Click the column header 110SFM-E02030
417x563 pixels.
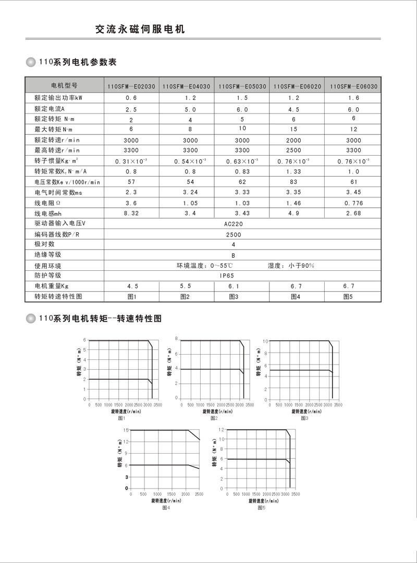(131, 86)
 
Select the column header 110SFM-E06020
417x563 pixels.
(296, 86)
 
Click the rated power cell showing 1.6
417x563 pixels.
(353, 98)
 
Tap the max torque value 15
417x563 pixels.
(295, 129)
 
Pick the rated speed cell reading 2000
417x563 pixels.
(295, 140)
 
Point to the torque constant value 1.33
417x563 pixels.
(295, 171)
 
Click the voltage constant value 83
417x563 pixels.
(295, 182)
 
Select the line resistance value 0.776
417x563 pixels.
(353, 203)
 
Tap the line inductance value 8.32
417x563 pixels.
(131, 213)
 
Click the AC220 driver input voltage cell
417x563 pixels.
(233, 223)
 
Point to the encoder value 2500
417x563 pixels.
(233, 234)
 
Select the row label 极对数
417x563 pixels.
(44, 244)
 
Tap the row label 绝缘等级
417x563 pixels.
(48, 254)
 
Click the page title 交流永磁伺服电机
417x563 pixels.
(140, 30)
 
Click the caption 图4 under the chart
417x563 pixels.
(166, 508)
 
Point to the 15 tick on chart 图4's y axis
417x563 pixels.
(126, 430)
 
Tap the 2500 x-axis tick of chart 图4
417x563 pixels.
(199, 494)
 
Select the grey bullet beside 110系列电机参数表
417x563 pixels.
(31, 62)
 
